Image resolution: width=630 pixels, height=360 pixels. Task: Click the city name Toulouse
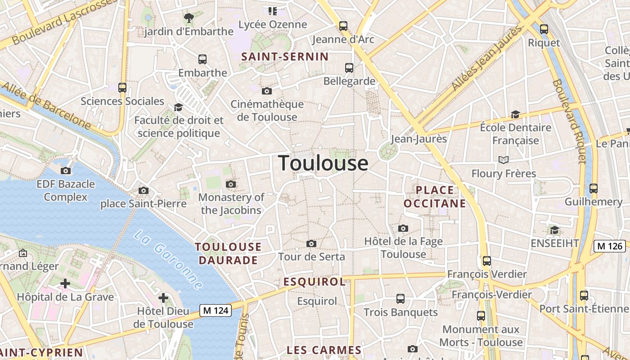323,163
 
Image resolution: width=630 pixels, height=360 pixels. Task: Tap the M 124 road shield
216,310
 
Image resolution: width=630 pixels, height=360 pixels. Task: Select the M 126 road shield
610,246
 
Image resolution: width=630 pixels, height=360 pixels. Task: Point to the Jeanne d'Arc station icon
343,26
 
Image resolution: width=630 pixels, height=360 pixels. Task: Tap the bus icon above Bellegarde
349,68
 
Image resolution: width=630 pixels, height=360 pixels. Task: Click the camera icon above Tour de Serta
311,244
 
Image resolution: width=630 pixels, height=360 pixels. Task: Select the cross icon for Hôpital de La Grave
65,283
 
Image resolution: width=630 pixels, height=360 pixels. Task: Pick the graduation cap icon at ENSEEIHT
554,230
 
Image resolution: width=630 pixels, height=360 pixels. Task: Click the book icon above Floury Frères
504,160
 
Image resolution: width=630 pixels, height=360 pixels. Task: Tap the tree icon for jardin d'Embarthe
189,18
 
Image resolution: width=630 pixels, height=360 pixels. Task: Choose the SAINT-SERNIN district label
285,57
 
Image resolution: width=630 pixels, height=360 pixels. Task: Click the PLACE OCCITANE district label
435,197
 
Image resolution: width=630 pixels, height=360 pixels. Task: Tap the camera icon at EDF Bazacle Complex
66,171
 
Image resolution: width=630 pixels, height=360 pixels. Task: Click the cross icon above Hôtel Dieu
163,298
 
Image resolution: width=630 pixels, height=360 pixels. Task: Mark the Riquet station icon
544,29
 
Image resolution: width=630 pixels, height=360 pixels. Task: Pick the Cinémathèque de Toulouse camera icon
267,91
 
